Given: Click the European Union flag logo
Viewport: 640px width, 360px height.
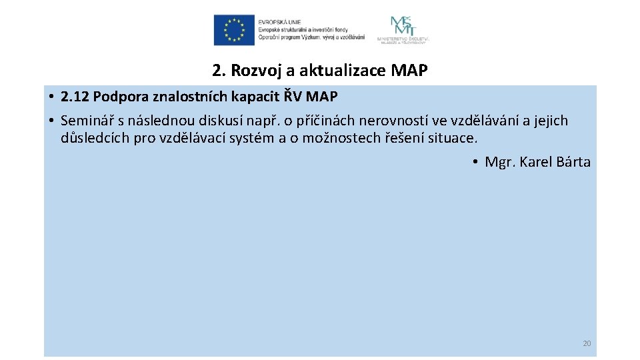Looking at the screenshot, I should [234, 30].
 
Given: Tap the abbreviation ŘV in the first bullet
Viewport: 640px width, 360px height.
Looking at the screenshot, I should [293, 97].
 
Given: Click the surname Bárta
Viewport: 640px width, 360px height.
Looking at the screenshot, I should [571, 162].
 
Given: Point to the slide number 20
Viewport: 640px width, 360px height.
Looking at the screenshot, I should [587, 343].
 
